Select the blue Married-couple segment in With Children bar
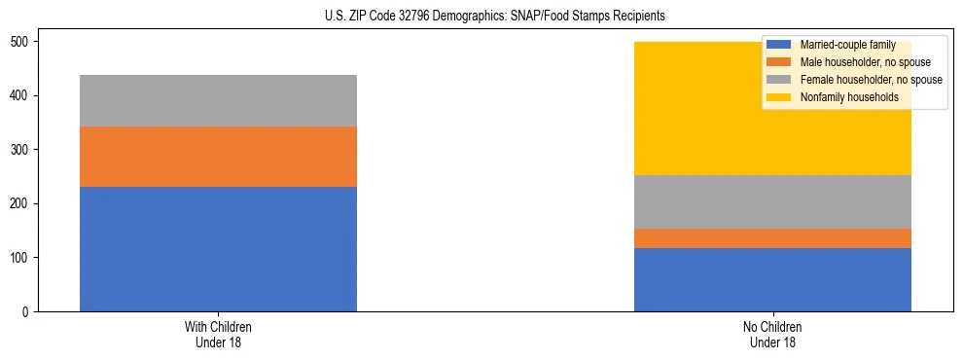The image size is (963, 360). tap(218, 249)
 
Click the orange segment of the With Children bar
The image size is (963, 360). tap(218, 157)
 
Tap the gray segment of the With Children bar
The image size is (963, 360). tap(218, 101)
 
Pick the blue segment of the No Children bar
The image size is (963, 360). tap(772, 279)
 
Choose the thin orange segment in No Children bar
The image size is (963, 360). tap(772, 238)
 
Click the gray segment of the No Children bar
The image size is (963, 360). tap(772, 202)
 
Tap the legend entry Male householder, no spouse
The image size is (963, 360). tap(853, 62)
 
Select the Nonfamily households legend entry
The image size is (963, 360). tap(842, 97)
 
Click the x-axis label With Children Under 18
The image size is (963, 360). tap(218, 334)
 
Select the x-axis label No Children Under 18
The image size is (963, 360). tap(772, 334)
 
